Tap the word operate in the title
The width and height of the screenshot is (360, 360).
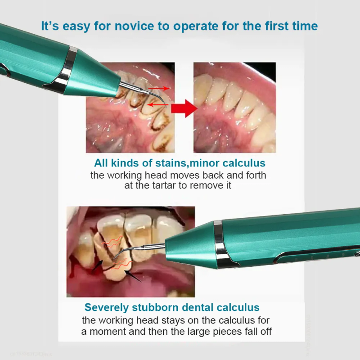point(196,27)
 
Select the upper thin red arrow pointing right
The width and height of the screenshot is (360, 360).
point(159,88)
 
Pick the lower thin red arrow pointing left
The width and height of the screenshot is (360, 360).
point(158,105)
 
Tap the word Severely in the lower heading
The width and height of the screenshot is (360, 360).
point(106,308)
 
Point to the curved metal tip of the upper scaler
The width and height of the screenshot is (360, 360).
point(147,93)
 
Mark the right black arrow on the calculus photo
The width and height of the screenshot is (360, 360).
point(133,276)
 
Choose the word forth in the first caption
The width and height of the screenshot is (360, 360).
point(256,175)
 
